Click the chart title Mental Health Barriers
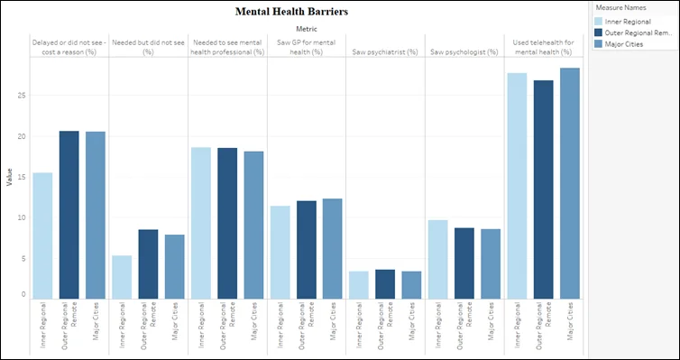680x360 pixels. (x=291, y=12)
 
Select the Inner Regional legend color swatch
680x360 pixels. (x=599, y=22)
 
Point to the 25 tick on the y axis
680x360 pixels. (x=23, y=96)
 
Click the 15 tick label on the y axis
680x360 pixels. (x=23, y=177)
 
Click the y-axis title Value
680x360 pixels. (x=10, y=178)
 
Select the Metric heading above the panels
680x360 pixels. (x=307, y=29)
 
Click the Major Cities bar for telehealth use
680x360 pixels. (x=569, y=183)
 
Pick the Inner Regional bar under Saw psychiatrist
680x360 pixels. (x=359, y=285)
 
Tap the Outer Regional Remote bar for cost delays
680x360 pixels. (x=69, y=215)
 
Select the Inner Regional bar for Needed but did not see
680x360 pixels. (x=122, y=277)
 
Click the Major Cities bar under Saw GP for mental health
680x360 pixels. (x=332, y=249)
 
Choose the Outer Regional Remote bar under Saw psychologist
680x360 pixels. (x=464, y=263)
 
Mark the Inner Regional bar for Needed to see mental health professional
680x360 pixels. (x=201, y=224)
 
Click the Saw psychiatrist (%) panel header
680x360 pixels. (x=385, y=52)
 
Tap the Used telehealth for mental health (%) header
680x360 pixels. (x=544, y=47)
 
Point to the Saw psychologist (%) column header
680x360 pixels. (x=464, y=52)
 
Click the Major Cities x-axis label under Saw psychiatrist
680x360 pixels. (x=411, y=321)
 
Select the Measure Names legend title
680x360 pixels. (x=614, y=8)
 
